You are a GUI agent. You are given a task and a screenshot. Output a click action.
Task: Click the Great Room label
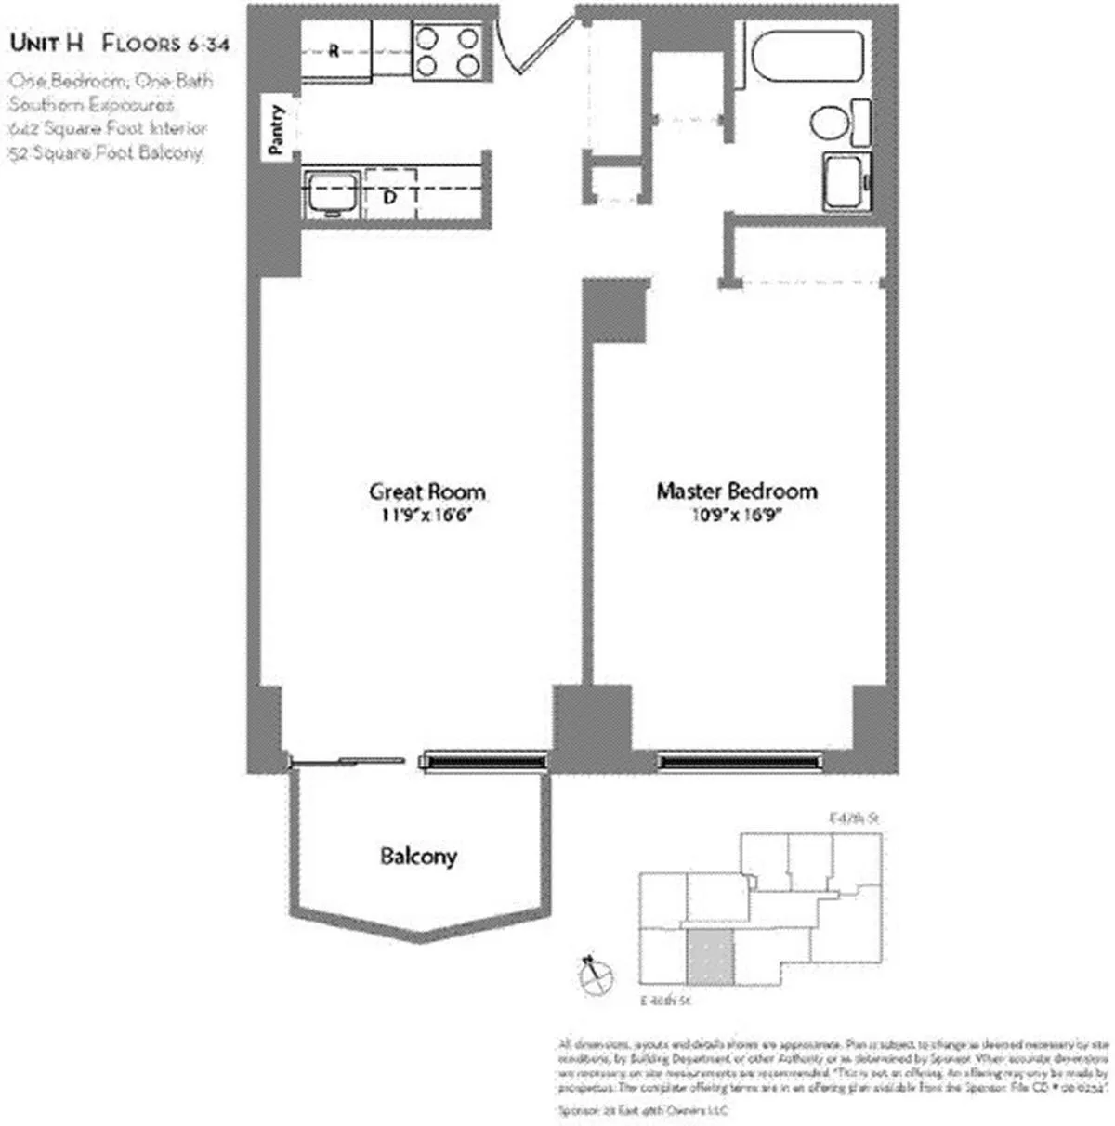(x=426, y=491)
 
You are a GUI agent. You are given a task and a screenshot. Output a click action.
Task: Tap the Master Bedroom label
(x=737, y=491)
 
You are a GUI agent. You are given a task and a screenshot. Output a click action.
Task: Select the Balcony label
(x=418, y=856)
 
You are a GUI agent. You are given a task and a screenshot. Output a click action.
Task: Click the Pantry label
(x=275, y=128)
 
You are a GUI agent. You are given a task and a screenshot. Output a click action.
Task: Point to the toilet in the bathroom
(x=830, y=123)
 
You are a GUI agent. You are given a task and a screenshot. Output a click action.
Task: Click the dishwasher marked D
(x=391, y=195)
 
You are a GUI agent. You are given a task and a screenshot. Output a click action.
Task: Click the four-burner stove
(x=449, y=51)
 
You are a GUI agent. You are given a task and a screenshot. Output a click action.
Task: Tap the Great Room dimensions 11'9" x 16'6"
(x=427, y=516)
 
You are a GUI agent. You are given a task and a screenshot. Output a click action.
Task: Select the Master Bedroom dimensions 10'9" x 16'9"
(x=737, y=516)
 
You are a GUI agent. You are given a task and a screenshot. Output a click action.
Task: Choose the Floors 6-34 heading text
(x=165, y=43)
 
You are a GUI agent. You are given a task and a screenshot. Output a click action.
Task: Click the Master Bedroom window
(x=740, y=763)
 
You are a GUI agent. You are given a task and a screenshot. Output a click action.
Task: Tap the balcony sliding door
(x=347, y=761)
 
